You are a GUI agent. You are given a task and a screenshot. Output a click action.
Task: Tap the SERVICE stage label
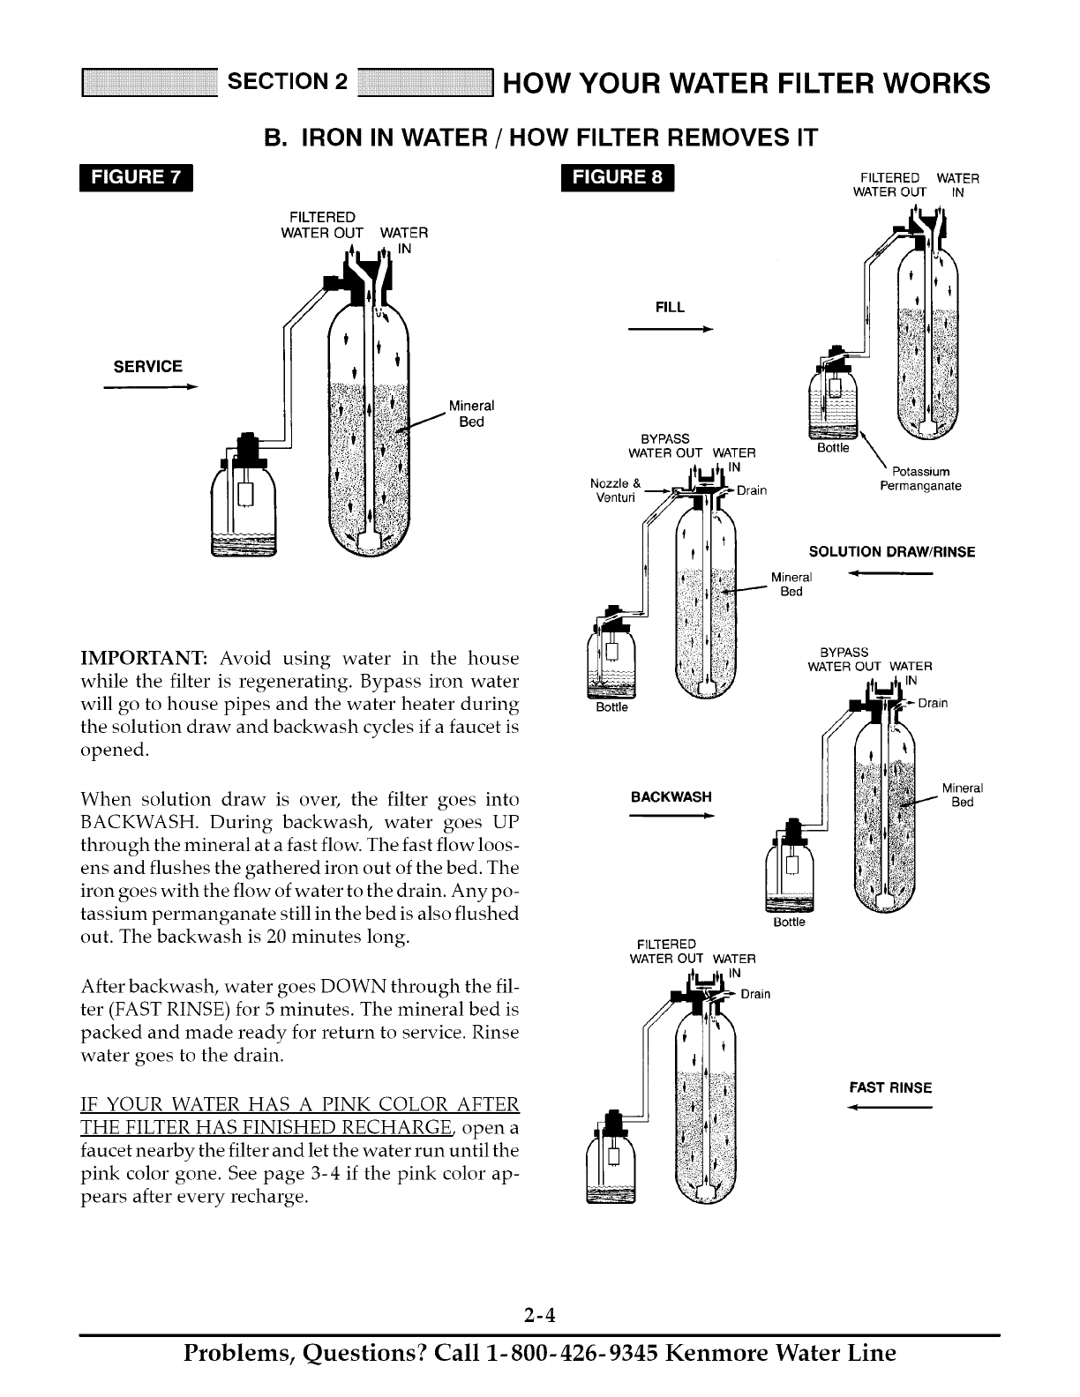point(148,366)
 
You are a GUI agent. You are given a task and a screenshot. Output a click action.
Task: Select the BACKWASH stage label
point(671,796)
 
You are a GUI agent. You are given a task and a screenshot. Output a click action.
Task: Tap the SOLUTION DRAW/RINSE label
point(892,552)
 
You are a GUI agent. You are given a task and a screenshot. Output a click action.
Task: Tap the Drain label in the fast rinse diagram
point(755,995)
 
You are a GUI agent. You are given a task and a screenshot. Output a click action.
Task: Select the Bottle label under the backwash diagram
point(789,922)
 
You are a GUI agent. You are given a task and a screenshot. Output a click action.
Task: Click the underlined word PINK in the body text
point(351,1105)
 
